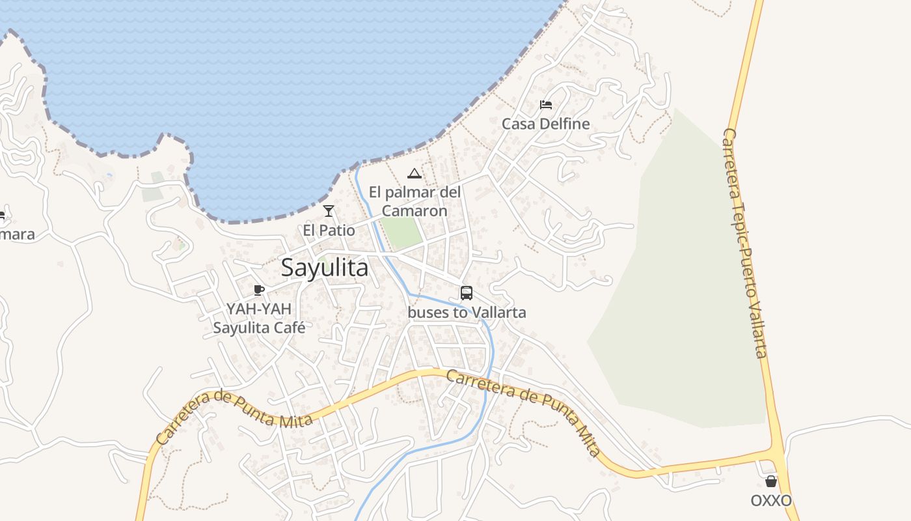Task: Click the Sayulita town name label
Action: point(325,268)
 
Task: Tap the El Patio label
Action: point(329,231)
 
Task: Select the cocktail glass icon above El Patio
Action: point(329,211)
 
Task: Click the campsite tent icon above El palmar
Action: point(414,174)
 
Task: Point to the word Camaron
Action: point(415,211)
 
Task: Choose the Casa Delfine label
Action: point(545,124)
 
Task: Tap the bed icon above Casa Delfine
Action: point(546,105)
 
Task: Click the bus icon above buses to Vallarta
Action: point(467,293)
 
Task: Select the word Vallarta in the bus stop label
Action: point(498,313)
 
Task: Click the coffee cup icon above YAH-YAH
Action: point(259,290)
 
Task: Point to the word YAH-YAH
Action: point(259,309)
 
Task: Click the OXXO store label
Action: point(771,501)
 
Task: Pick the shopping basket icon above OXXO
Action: point(771,482)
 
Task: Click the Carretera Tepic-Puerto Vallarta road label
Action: point(745,242)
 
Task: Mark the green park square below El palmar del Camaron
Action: point(400,232)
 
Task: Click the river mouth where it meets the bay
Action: point(357,166)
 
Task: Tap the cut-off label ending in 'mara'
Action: point(17,234)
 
